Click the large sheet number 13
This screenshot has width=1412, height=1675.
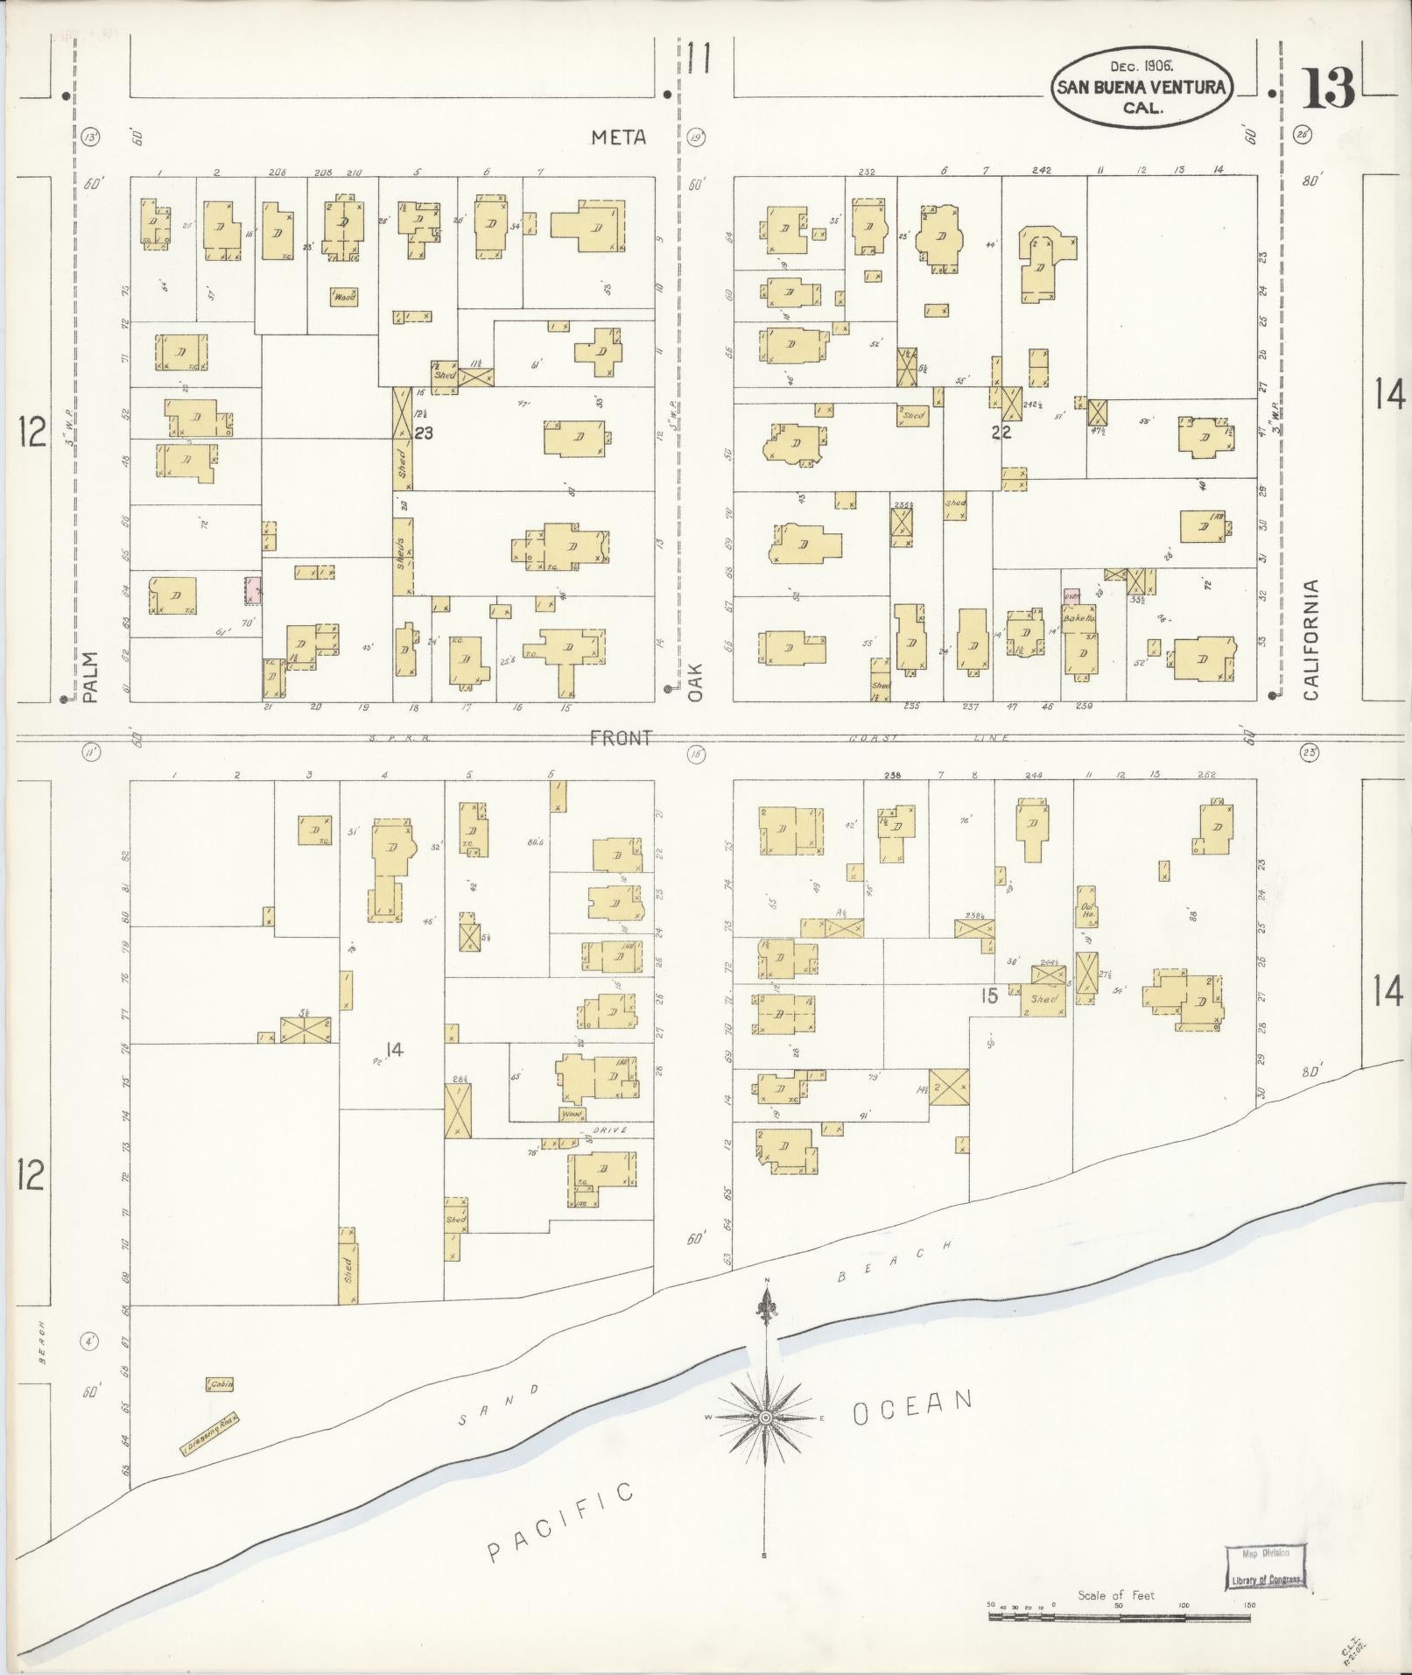[x=1328, y=88]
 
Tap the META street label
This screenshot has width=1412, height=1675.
[x=618, y=137]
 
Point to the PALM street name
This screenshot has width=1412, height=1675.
[x=91, y=676]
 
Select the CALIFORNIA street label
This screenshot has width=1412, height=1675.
[x=1310, y=639]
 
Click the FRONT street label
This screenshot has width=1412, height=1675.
[x=620, y=738]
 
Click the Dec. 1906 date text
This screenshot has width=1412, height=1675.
[x=1142, y=67]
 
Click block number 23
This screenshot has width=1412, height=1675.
[x=425, y=433]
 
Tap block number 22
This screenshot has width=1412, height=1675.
[x=1001, y=433]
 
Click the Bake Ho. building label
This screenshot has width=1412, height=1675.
[x=1078, y=618]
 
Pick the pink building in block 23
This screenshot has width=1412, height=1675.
[x=253, y=589]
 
